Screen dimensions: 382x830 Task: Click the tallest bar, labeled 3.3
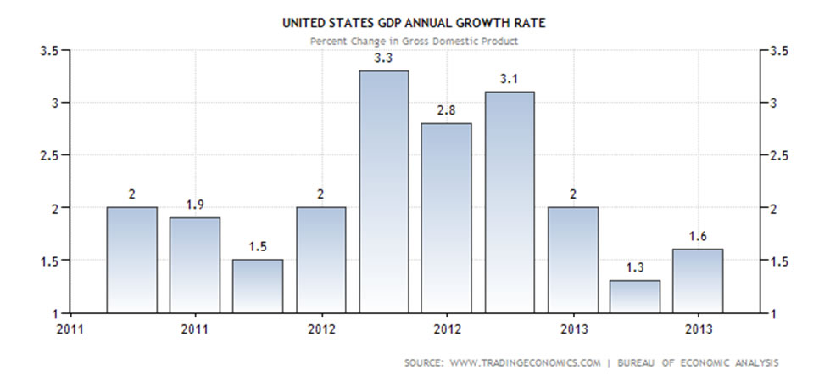[383, 191]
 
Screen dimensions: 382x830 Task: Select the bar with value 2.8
[446, 217]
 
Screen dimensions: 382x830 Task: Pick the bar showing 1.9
[195, 265]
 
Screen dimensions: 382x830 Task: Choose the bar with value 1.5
[258, 286]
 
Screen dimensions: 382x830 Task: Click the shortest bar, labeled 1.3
[634, 296]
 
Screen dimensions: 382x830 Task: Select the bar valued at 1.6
[697, 280]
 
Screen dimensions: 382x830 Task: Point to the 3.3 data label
[383, 59]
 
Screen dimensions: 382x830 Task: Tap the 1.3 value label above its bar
[634, 269]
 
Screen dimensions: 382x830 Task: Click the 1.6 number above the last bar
[697, 237]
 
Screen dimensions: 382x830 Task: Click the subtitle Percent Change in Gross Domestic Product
[414, 41]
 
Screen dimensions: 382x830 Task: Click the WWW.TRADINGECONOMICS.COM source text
[525, 362]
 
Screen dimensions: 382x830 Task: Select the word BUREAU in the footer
[638, 362]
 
